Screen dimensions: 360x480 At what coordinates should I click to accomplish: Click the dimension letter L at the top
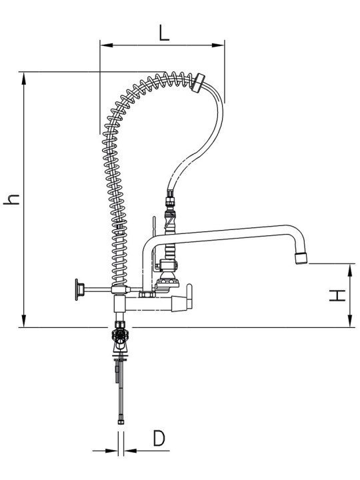tap(164, 33)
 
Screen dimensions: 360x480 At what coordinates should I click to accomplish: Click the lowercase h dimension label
tap(11, 199)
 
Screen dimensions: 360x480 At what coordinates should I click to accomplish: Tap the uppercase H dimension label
tap(337, 295)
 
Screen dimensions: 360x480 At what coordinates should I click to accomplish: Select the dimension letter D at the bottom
tap(159, 438)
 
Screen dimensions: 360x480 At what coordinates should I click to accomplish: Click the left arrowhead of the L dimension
tap(107, 45)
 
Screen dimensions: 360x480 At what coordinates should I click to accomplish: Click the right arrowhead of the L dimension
tap(218, 45)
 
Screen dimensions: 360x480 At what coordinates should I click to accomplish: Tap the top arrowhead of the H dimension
tap(349, 269)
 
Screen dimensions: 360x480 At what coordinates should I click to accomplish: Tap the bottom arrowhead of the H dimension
tap(349, 321)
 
